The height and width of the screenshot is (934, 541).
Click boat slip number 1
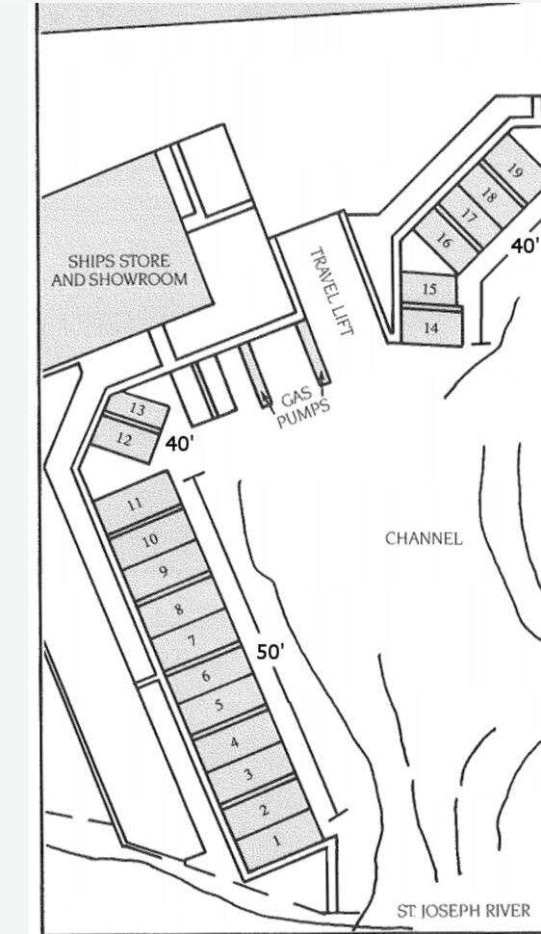(280, 841)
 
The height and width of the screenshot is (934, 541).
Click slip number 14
(432, 327)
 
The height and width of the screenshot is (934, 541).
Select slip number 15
(429, 289)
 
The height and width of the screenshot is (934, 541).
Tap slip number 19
(515, 171)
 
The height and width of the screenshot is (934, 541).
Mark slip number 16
(445, 241)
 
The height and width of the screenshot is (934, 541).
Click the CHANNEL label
(424, 538)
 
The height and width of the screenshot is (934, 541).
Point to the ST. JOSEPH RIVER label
(464, 910)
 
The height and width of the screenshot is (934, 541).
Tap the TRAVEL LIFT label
(332, 292)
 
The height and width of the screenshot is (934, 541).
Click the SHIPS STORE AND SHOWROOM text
(119, 270)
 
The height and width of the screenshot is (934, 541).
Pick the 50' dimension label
(270, 652)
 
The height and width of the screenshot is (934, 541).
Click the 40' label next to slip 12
(179, 444)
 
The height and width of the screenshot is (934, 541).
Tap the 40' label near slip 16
(525, 246)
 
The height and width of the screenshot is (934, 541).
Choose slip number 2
(266, 809)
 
